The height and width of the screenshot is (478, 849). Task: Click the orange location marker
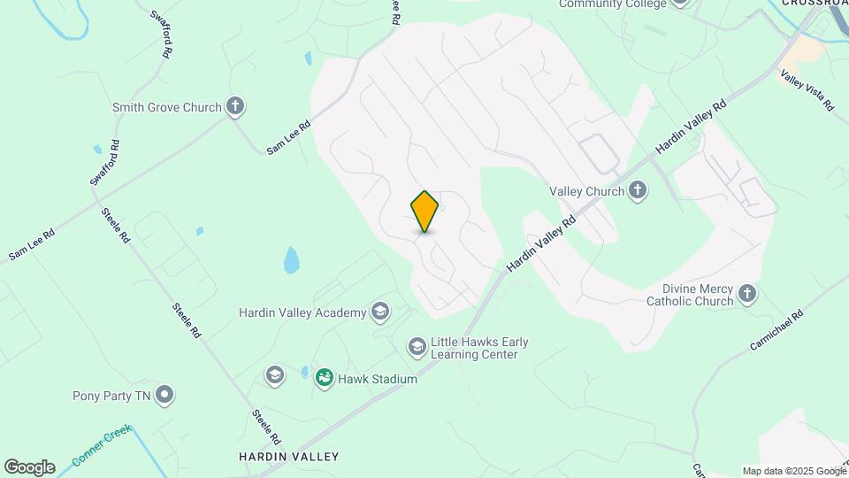tap(424, 211)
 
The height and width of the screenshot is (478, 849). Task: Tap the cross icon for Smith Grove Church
tap(235, 107)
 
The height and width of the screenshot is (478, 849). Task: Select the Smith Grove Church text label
tap(166, 108)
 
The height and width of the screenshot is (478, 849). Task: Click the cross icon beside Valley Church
tap(638, 190)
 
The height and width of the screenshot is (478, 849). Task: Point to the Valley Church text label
tap(586, 191)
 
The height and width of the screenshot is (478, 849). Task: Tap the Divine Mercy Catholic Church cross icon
tap(747, 294)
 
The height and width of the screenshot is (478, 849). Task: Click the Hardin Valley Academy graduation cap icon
tap(380, 312)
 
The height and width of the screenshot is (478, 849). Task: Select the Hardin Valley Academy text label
tap(302, 312)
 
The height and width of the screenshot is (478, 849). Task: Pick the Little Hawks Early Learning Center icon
tap(417, 347)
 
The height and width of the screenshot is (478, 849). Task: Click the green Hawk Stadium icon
tap(325, 379)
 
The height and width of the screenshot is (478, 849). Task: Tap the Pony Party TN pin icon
tap(164, 396)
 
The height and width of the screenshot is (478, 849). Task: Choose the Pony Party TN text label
tap(111, 396)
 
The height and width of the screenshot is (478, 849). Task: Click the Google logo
tap(29, 467)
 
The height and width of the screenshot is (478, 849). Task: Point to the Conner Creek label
tap(102, 445)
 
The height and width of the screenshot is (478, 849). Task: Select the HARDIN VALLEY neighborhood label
tap(288, 457)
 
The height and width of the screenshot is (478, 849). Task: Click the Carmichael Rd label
tap(776, 328)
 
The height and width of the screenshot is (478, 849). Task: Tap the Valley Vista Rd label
tap(806, 91)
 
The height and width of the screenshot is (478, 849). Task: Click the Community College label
tap(612, 4)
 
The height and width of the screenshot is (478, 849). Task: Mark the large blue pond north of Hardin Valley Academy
tap(291, 260)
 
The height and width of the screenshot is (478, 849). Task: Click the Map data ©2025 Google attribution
tap(794, 471)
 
